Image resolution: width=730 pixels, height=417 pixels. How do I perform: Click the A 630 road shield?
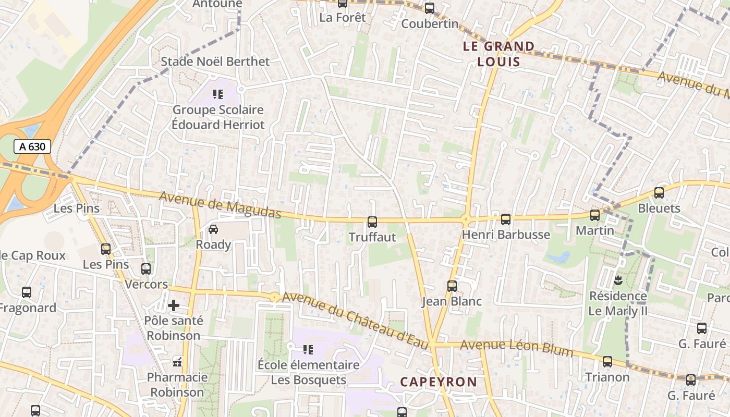[32, 146]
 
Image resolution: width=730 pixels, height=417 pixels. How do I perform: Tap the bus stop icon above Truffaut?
[372, 222]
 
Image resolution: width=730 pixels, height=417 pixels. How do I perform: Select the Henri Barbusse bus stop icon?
[505, 219]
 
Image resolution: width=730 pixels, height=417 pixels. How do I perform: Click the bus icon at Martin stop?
[594, 215]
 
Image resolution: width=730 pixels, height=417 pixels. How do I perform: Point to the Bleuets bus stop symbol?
[659, 193]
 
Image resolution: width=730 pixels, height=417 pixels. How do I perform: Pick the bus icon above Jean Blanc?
[452, 286]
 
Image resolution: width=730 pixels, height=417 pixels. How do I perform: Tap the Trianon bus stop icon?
[607, 362]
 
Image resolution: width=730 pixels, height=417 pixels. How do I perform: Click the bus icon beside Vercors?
[146, 269]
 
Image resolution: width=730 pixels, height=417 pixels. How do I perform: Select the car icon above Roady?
[213, 229]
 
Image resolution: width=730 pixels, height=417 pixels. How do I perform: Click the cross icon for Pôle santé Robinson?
[174, 305]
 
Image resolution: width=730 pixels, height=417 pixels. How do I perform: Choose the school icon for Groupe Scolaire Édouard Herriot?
[218, 94]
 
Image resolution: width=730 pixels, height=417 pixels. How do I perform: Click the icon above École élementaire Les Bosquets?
[308, 349]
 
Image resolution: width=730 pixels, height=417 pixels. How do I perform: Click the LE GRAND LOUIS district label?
[499, 54]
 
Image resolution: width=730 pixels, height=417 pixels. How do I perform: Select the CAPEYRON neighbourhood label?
[439, 382]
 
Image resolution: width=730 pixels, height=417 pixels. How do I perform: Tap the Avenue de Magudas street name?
[220, 205]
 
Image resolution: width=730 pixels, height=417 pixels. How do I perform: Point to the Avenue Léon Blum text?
[516, 348]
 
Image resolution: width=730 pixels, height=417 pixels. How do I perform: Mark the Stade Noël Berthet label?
[215, 62]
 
